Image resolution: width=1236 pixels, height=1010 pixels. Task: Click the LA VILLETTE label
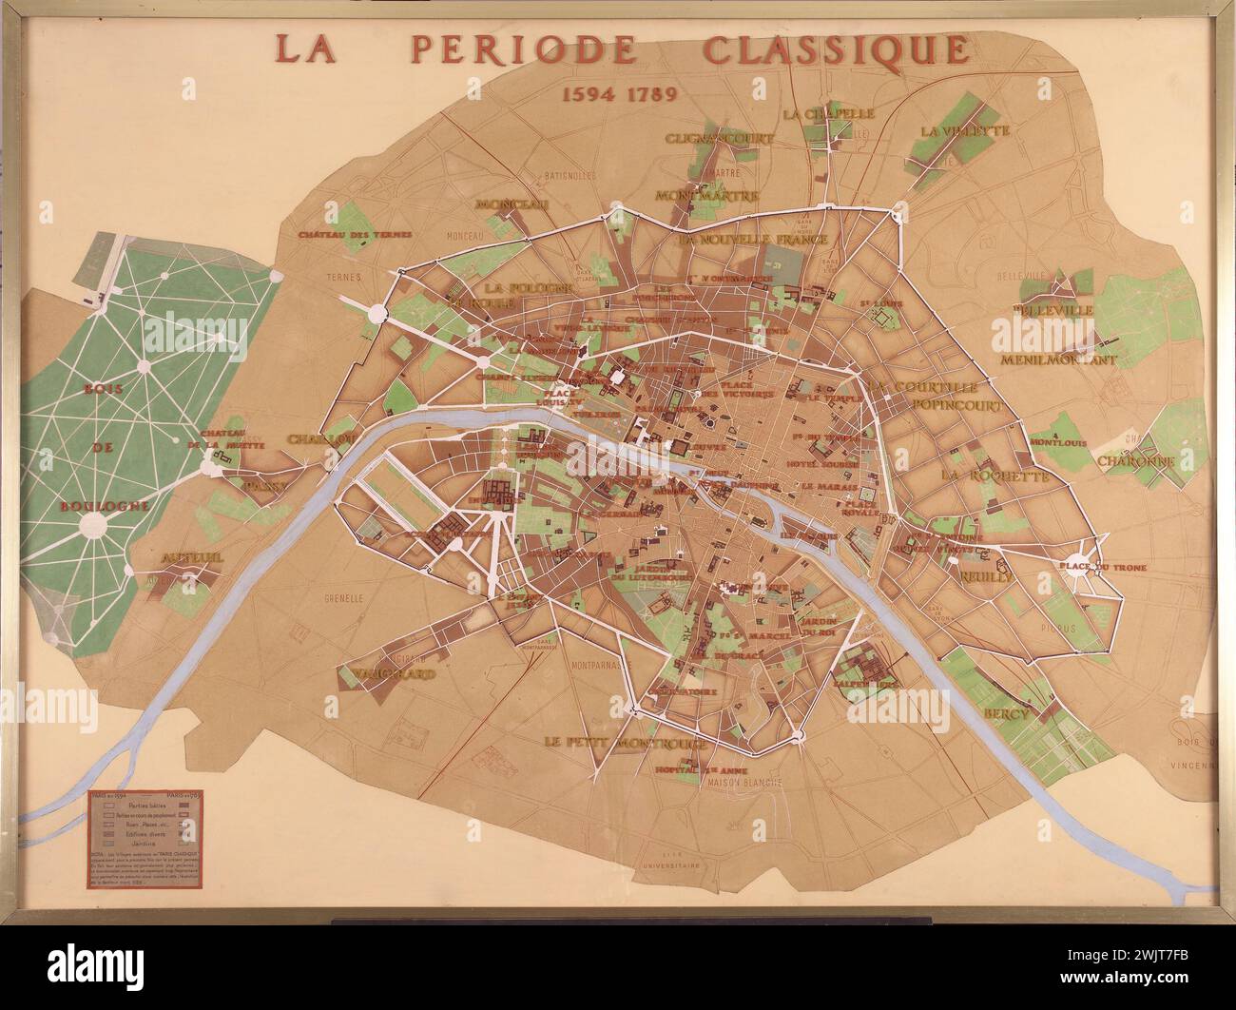pyautogui.click(x=964, y=130)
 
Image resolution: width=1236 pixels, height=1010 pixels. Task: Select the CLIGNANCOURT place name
pyautogui.click(x=720, y=138)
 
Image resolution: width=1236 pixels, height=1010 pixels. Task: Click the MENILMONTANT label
pyautogui.click(x=1057, y=360)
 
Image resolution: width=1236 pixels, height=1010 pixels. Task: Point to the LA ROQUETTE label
pyautogui.click(x=995, y=476)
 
